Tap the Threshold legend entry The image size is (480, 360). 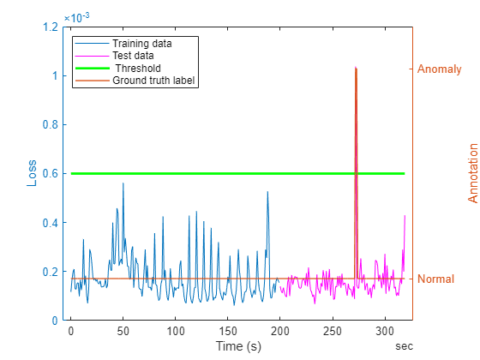[x=138, y=68]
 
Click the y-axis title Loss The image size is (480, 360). [x=33, y=174]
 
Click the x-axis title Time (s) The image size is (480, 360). [x=238, y=346]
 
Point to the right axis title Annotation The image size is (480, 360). [x=472, y=173]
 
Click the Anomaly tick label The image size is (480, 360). [x=441, y=68]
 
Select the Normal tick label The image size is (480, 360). [x=436, y=279]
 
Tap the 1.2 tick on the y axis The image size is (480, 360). [x=50, y=27]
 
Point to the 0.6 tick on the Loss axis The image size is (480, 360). [x=50, y=173]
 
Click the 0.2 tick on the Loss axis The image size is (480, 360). [x=50, y=272]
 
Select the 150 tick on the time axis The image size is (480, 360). [x=228, y=331]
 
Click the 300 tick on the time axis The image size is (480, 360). [x=385, y=331]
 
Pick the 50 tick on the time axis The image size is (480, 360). [x=123, y=331]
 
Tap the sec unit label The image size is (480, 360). [x=404, y=345]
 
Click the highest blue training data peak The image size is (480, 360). [x=123, y=183]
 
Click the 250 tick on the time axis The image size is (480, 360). [x=333, y=331]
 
